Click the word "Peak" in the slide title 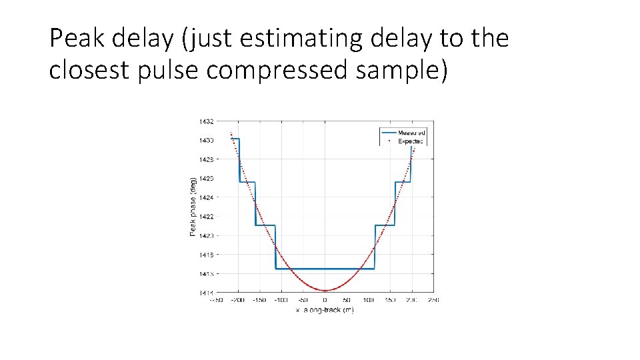tap(76, 39)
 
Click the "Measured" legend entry tap(411, 133)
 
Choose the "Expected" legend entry tap(411, 141)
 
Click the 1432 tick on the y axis tap(205, 121)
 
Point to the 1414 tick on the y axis tap(205, 293)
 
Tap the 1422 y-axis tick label tap(205, 217)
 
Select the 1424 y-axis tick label tap(205, 197)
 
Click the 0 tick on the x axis tap(325, 300)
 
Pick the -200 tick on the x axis tap(237, 300)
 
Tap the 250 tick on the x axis tap(433, 300)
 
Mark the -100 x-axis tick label tap(280, 300)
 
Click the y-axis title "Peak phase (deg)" tap(193, 206)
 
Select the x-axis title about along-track tap(325, 310)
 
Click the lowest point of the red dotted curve tap(325, 291)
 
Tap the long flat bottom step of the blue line tap(325, 269)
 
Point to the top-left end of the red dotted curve tap(231, 133)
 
